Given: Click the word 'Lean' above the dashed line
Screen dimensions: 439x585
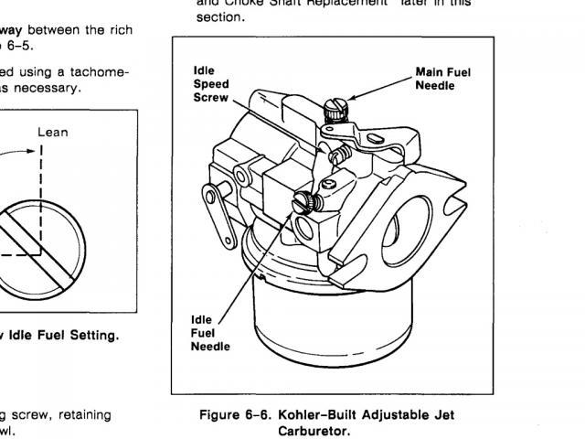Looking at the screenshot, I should [x=53, y=132].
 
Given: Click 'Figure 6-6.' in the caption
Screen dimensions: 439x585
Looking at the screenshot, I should [x=233, y=415].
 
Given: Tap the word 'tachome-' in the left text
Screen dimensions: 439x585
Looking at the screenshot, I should [x=108, y=71].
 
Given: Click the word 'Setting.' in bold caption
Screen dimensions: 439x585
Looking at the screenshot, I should [x=88, y=336].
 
